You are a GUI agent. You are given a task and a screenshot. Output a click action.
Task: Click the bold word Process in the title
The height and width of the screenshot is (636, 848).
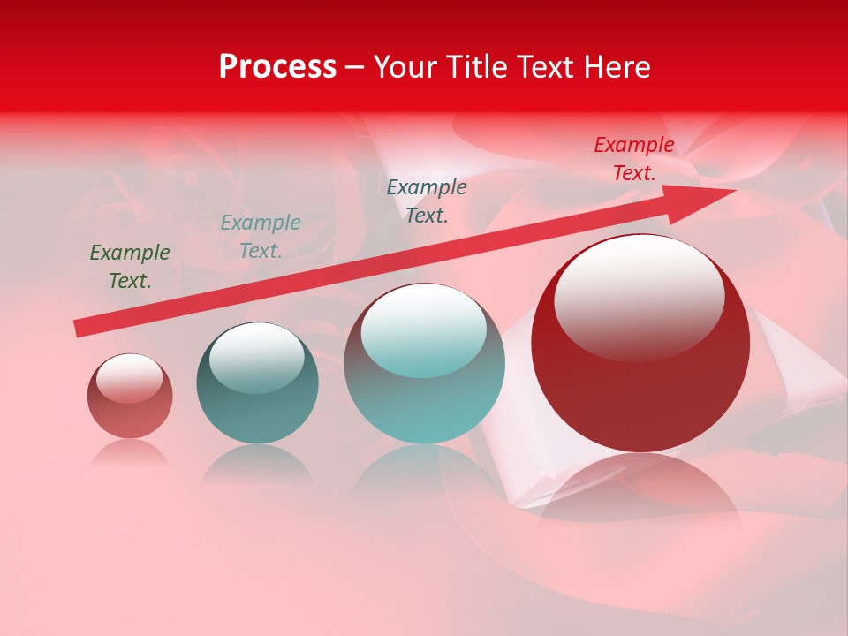tap(277, 66)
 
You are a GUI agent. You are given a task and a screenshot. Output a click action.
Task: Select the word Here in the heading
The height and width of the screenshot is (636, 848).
tap(617, 66)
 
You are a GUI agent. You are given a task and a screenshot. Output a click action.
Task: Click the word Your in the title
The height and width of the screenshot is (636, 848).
tap(407, 66)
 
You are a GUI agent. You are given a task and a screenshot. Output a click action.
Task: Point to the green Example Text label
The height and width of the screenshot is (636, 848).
tap(130, 267)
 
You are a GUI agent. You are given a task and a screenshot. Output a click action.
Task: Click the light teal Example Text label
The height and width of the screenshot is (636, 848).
tap(261, 237)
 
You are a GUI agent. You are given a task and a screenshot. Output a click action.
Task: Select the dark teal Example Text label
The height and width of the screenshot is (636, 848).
tap(427, 201)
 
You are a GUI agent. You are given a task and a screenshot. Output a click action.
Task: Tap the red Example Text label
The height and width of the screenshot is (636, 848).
tap(634, 159)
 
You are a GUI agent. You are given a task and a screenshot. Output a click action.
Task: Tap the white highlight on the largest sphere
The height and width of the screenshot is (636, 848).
tap(639, 296)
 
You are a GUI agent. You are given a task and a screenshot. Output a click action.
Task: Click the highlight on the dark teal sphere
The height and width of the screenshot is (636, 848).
tap(256, 358)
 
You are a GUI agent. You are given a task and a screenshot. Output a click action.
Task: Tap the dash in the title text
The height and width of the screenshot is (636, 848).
tap(355, 67)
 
